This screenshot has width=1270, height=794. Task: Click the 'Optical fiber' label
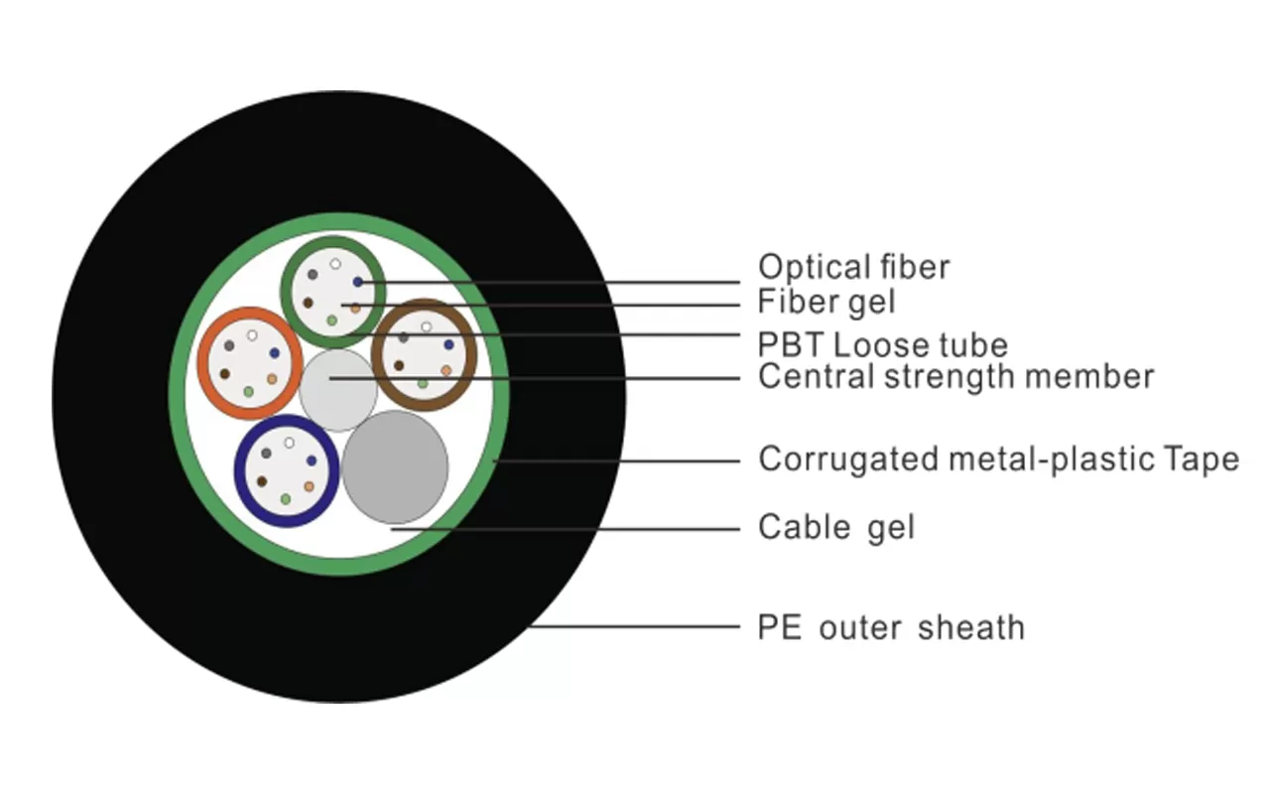click(x=853, y=267)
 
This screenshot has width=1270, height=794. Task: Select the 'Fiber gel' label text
click(x=826, y=301)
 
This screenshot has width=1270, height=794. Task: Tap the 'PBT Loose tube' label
click(x=882, y=345)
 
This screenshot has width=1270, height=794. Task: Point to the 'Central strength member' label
click(x=955, y=377)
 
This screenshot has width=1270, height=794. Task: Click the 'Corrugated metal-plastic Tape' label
click(x=998, y=460)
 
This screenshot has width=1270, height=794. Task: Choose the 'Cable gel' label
click(x=835, y=527)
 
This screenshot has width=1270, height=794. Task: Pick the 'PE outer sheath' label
click(x=891, y=628)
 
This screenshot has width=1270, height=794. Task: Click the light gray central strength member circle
click(x=337, y=389)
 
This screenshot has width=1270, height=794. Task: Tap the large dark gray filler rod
click(x=395, y=467)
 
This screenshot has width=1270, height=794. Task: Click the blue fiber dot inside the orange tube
click(x=274, y=353)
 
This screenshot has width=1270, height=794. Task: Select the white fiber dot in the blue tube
click(x=289, y=443)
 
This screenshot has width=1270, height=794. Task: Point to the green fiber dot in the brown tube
click(x=423, y=383)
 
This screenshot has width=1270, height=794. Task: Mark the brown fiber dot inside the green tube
click(x=308, y=303)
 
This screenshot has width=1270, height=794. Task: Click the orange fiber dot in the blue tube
click(x=309, y=486)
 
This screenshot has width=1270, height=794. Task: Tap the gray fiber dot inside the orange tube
click(x=229, y=345)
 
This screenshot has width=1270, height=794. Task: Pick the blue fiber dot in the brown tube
click(x=448, y=345)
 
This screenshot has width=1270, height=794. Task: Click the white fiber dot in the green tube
click(x=335, y=264)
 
